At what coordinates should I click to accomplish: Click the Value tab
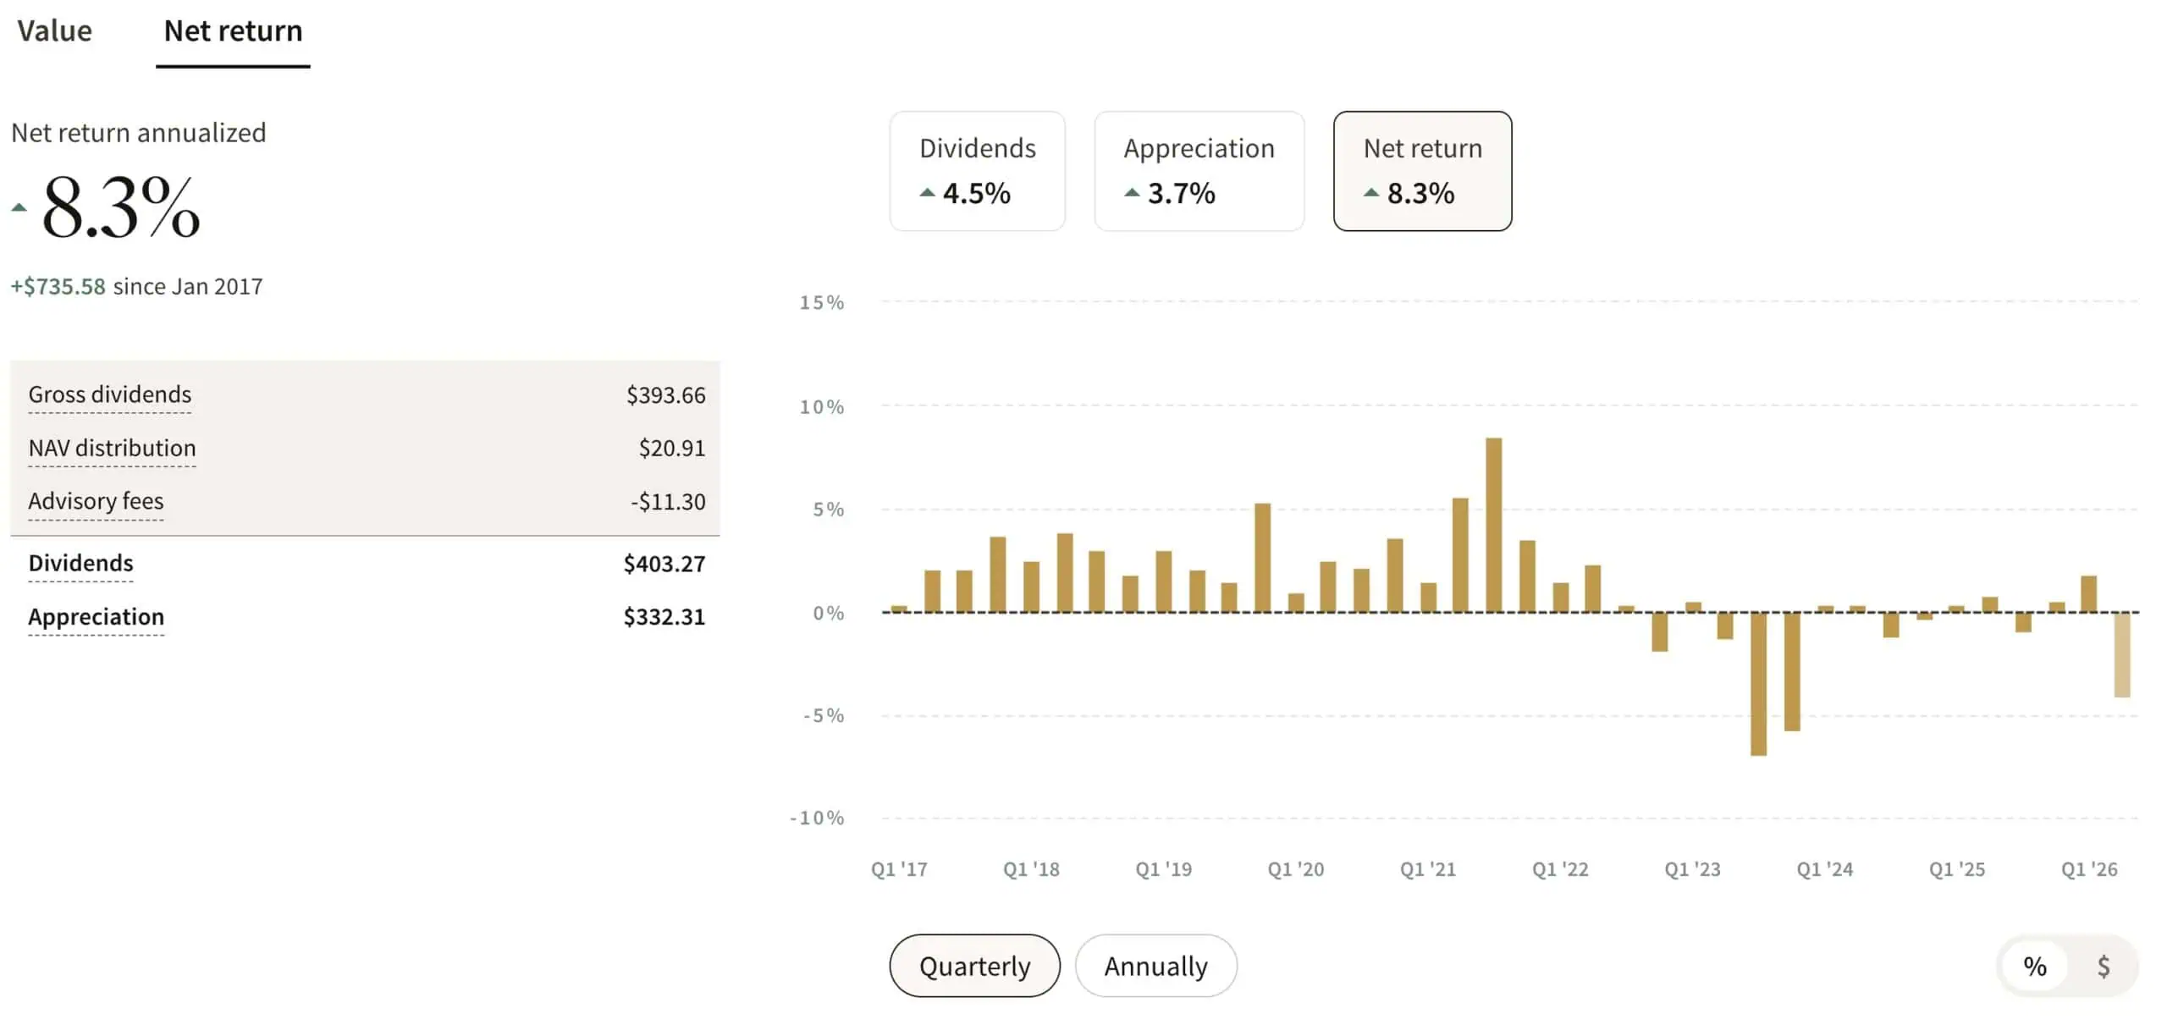point(54,31)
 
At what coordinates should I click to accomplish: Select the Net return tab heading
point(233,31)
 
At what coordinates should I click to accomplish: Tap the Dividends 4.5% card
point(977,170)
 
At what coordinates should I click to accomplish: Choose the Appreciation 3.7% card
point(1199,170)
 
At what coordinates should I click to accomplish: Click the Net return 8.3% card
point(1422,170)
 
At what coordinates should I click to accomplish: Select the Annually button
point(1155,966)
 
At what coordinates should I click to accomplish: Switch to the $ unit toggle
point(2104,966)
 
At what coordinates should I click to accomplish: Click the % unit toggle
point(2035,966)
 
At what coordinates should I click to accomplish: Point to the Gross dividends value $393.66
point(665,395)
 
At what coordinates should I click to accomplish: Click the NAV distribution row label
point(112,448)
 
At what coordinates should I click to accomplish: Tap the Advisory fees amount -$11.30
point(667,502)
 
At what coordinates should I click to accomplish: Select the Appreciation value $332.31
point(664,617)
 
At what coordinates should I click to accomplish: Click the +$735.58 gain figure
point(58,287)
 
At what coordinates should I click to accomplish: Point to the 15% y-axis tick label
point(821,303)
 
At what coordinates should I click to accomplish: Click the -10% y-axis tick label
point(817,818)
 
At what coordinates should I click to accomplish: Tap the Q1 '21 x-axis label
point(1427,869)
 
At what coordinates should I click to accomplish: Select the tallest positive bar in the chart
point(1493,525)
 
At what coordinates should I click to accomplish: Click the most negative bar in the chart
point(1758,683)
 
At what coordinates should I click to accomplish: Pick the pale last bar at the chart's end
point(2121,654)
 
